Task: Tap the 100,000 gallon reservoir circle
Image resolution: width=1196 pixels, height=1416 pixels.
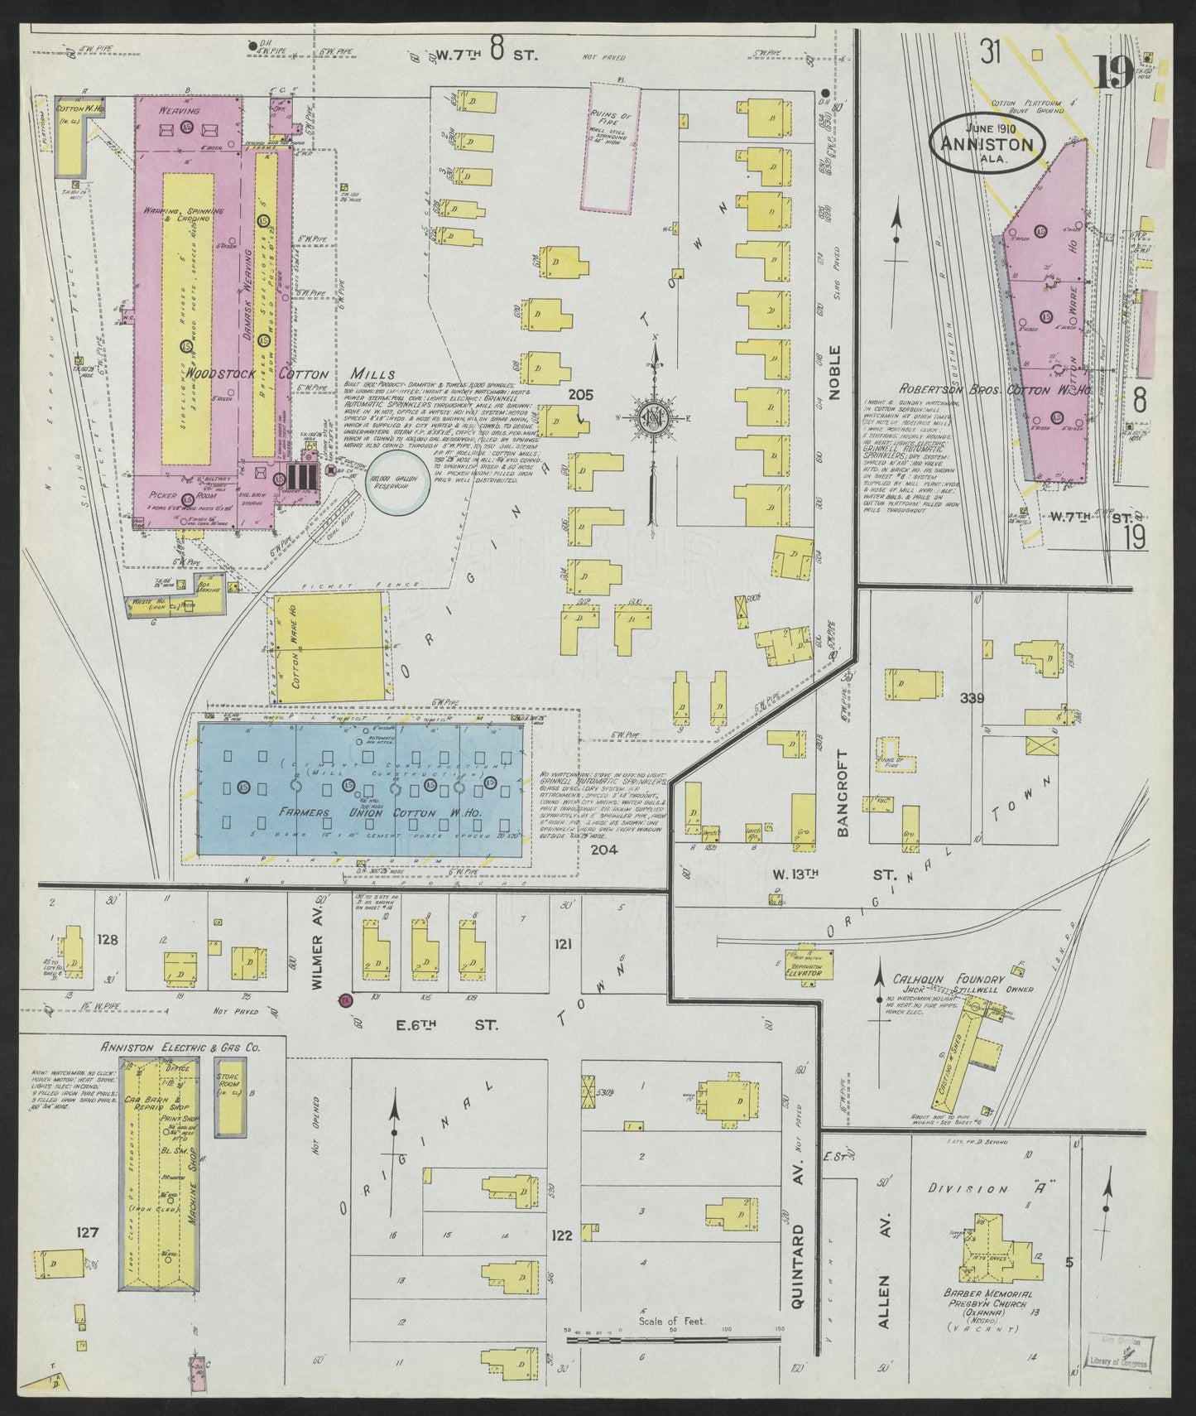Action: (398, 481)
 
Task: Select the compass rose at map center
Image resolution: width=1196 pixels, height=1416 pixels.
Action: (656, 415)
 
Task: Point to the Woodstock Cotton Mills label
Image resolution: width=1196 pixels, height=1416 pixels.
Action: (277, 373)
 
